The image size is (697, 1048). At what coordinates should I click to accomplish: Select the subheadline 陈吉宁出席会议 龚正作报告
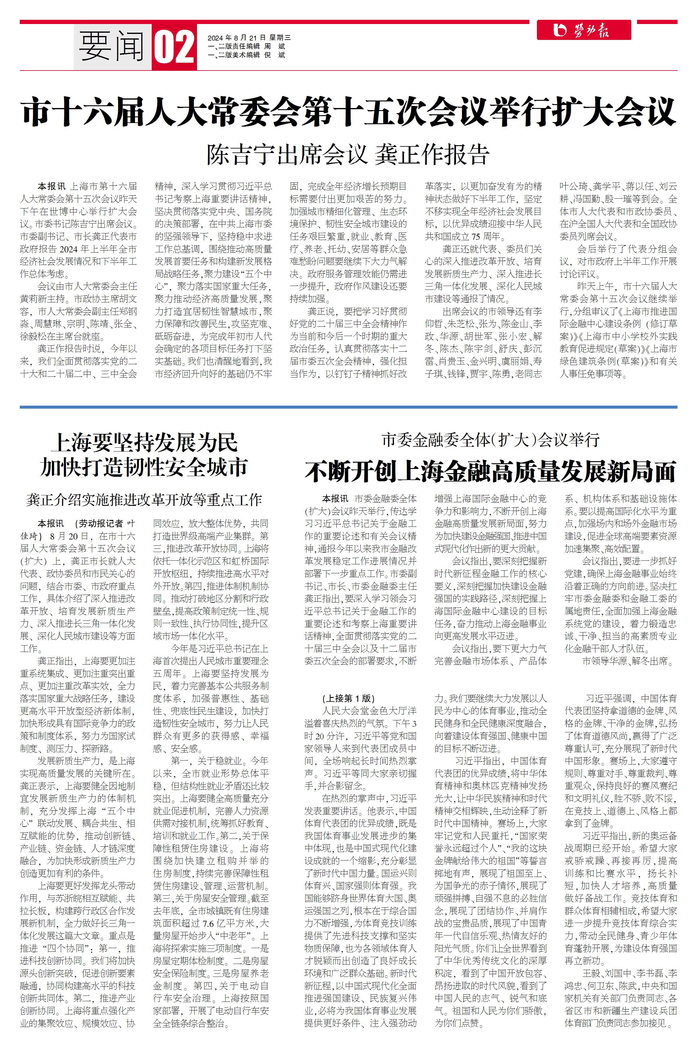[348, 154]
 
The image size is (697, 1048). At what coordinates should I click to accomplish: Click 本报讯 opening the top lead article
[51, 186]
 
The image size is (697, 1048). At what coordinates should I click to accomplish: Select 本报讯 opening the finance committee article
[335, 499]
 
